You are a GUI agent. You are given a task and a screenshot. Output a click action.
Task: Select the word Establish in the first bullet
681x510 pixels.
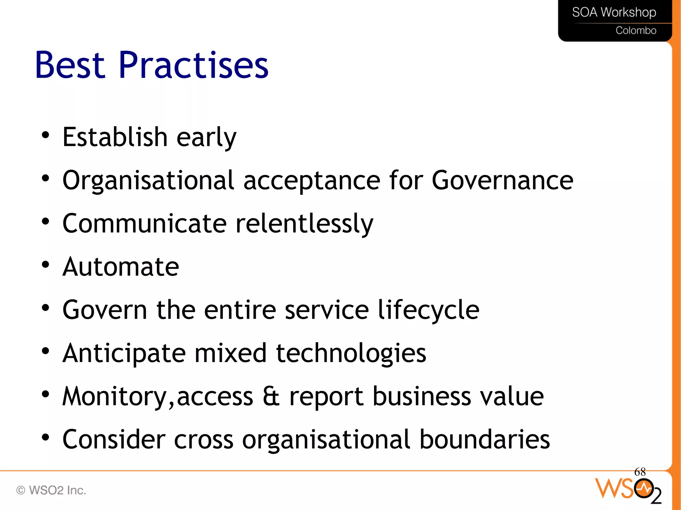[115, 137]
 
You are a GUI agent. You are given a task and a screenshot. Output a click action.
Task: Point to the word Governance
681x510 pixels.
[502, 180]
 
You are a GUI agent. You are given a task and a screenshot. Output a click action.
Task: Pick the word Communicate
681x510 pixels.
[145, 223]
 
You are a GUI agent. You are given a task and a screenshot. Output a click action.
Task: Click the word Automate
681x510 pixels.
[121, 266]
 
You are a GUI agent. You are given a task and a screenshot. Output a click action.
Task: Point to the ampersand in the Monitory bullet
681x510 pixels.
[271, 396]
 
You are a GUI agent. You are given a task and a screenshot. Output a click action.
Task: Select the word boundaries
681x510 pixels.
[484, 439]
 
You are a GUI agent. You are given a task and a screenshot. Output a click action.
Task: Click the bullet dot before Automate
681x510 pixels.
[46, 265]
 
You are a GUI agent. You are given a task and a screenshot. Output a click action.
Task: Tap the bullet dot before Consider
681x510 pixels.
[46, 438]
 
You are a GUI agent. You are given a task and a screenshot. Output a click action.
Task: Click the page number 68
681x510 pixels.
[640, 472]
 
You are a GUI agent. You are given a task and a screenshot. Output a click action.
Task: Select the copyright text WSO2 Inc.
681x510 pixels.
[51, 490]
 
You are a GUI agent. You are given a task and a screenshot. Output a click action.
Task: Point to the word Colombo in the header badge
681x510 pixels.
[636, 31]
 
